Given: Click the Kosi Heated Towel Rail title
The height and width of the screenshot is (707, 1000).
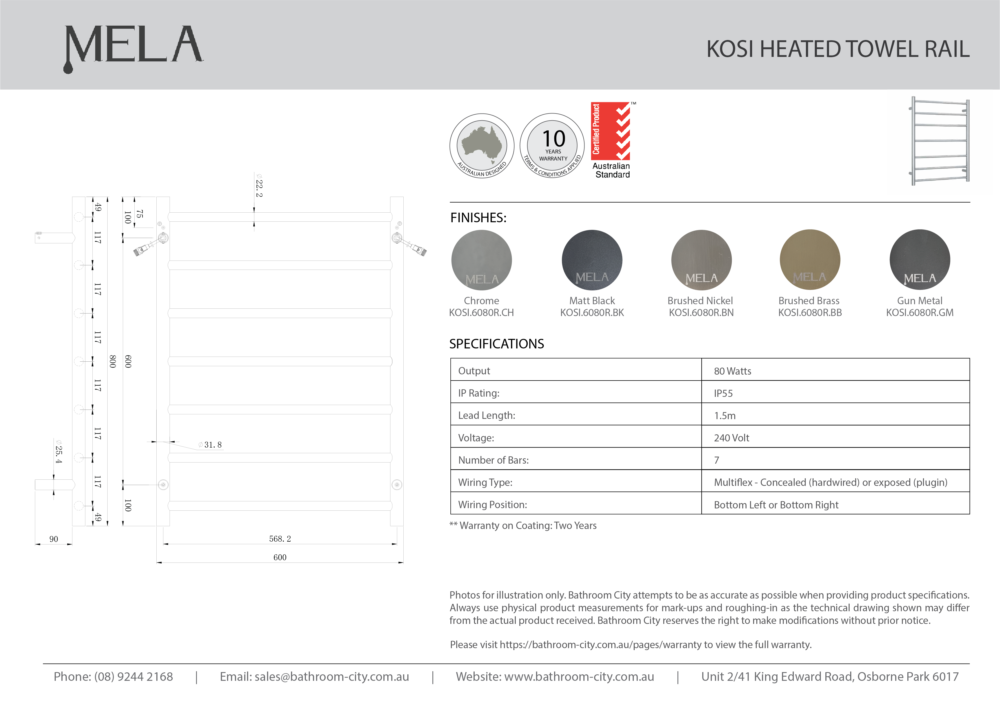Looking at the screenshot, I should coord(837,49).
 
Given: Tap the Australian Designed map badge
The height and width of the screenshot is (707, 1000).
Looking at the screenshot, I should coord(482,146).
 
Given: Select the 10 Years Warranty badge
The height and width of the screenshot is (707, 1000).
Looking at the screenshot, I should coord(552,146).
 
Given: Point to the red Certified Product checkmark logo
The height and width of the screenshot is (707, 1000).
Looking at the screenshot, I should coord(611,131).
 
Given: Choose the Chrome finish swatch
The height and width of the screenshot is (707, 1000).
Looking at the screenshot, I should coord(481,260).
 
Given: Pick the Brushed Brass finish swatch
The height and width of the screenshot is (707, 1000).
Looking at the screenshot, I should coord(810,260).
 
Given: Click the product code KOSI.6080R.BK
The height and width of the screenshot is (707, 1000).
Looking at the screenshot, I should coord(592,313).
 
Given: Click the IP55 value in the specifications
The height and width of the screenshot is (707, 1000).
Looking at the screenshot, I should coord(723,393).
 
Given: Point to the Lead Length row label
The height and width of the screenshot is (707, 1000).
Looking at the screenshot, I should coord(486,415).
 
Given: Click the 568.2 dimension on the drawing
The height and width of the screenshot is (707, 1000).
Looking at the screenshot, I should coord(280,539).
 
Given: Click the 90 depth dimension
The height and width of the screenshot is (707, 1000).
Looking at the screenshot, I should coord(54,539).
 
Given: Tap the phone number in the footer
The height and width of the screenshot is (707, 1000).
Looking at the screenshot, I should coord(113,677).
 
